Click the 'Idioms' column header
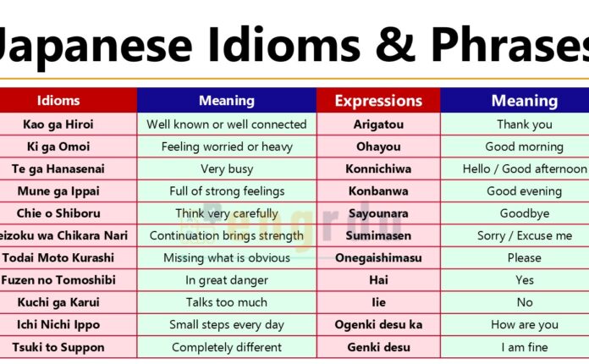[58, 101]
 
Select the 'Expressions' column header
[378, 101]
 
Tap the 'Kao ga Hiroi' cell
[58, 124]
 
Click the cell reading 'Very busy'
[226, 169]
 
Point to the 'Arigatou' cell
[378, 124]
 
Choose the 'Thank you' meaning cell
[524, 124]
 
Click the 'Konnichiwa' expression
[378, 169]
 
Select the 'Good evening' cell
[524, 191]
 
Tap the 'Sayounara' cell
[378, 213]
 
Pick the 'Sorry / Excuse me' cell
[524, 235]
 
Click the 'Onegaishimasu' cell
[378, 258]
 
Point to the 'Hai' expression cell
[378, 280]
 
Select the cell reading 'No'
[524, 302]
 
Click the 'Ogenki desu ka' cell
[378, 325]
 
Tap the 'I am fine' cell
[524, 347]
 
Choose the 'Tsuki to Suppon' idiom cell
[58, 347]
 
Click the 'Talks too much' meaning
[226, 302]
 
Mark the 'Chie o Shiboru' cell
[58, 213]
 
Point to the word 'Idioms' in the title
[259, 41]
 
